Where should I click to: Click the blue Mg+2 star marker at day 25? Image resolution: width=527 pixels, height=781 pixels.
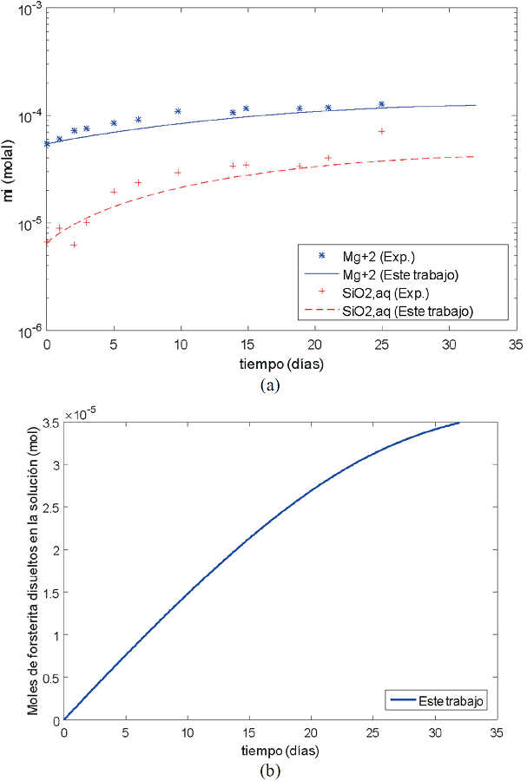coord(381,104)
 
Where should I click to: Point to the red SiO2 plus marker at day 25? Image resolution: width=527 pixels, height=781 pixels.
coord(381,131)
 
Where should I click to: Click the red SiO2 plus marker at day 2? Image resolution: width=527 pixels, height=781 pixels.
coord(74,245)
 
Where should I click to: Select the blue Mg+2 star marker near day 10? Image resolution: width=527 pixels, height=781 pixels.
coord(178,111)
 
